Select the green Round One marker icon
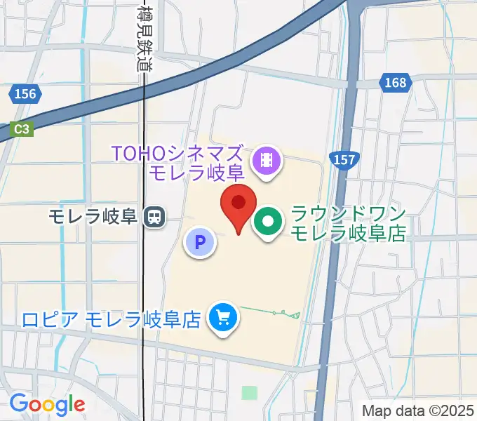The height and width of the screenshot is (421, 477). point(268,223)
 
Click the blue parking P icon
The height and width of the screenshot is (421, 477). point(200,243)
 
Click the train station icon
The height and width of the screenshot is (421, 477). point(152,217)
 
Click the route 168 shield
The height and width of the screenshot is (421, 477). point(395,83)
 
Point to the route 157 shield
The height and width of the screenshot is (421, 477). point(344,160)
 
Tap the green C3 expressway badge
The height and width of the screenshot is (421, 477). point(22,128)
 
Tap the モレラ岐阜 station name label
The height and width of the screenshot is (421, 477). point(92,217)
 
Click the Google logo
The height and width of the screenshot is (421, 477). point(47,404)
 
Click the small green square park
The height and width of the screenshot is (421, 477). point(250,392)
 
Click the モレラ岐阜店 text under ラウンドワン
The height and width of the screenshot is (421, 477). point(348,234)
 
